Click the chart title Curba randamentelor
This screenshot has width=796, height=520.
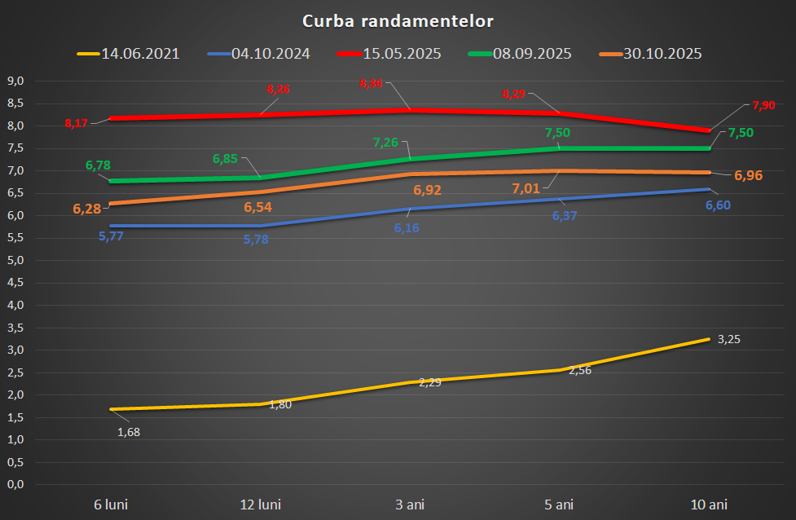tap(398, 20)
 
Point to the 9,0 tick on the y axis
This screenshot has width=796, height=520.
tap(16, 81)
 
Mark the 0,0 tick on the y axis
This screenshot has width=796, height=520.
tap(16, 485)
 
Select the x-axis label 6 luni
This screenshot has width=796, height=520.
tap(111, 505)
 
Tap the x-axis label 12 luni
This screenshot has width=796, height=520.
tap(261, 505)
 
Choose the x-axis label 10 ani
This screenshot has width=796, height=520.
tap(709, 505)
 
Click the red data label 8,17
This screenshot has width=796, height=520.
tap(77, 124)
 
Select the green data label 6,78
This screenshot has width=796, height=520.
tap(98, 165)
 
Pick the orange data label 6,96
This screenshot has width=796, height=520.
tap(748, 175)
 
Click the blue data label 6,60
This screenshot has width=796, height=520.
tap(717, 205)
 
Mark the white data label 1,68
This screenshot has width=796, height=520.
tap(129, 432)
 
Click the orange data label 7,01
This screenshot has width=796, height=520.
tap(526, 189)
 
